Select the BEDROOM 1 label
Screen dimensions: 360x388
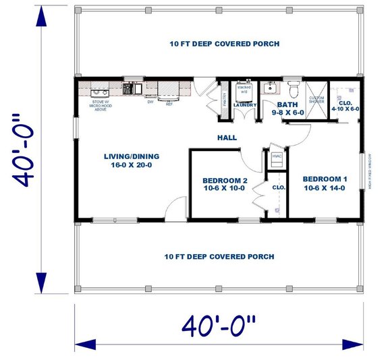pos(325,183)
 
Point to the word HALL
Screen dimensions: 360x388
pos(226,138)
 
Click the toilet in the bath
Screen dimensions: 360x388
pos(294,88)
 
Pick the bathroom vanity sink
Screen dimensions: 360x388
pos(270,88)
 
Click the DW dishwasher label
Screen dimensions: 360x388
pos(150,102)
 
